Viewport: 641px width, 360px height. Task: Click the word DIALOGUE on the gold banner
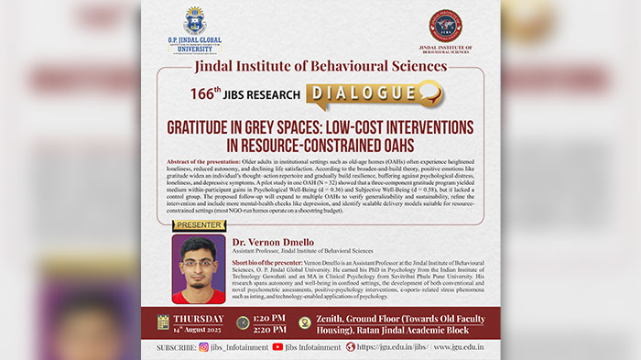[363, 93]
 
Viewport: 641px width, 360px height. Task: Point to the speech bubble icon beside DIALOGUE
[430, 92]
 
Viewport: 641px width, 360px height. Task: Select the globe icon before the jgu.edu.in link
[350, 348]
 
